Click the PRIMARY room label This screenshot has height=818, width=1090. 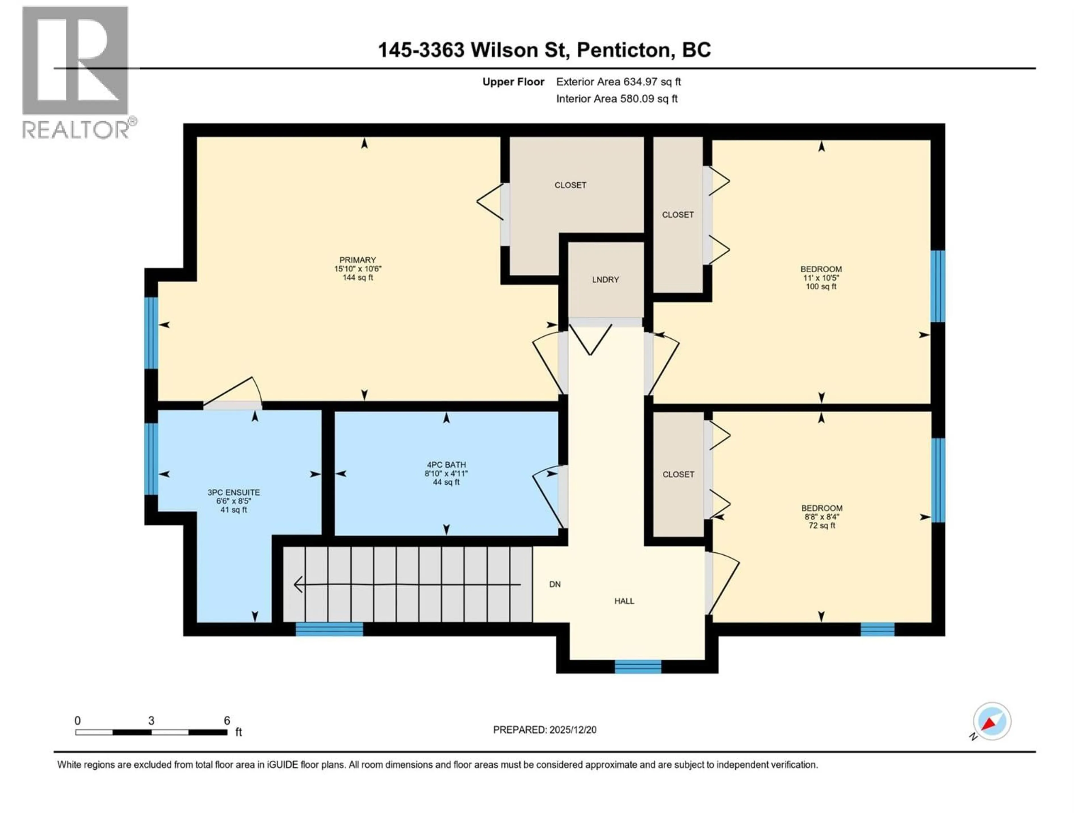(x=357, y=260)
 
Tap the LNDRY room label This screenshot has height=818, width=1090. (x=605, y=279)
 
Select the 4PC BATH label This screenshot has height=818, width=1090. (x=446, y=464)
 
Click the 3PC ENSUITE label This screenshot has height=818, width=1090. (x=234, y=492)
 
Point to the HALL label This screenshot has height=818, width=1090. (x=624, y=601)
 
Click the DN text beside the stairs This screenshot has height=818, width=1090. (x=555, y=584)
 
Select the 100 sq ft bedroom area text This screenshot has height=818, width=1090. (x=821, y=287)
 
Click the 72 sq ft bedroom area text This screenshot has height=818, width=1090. (x=821, y=526)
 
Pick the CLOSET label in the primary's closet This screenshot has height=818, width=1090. (x=570, y=185)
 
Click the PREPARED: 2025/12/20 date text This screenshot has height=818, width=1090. (x=544, y=730)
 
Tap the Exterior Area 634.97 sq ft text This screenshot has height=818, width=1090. (x=619, y=82)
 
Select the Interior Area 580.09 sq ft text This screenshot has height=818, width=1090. (x=617, y=99)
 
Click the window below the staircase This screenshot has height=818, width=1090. (x=329, y=629)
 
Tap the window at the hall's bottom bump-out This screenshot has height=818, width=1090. (x=638, y=667)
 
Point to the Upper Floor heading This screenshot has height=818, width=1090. (x=513, y=82)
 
